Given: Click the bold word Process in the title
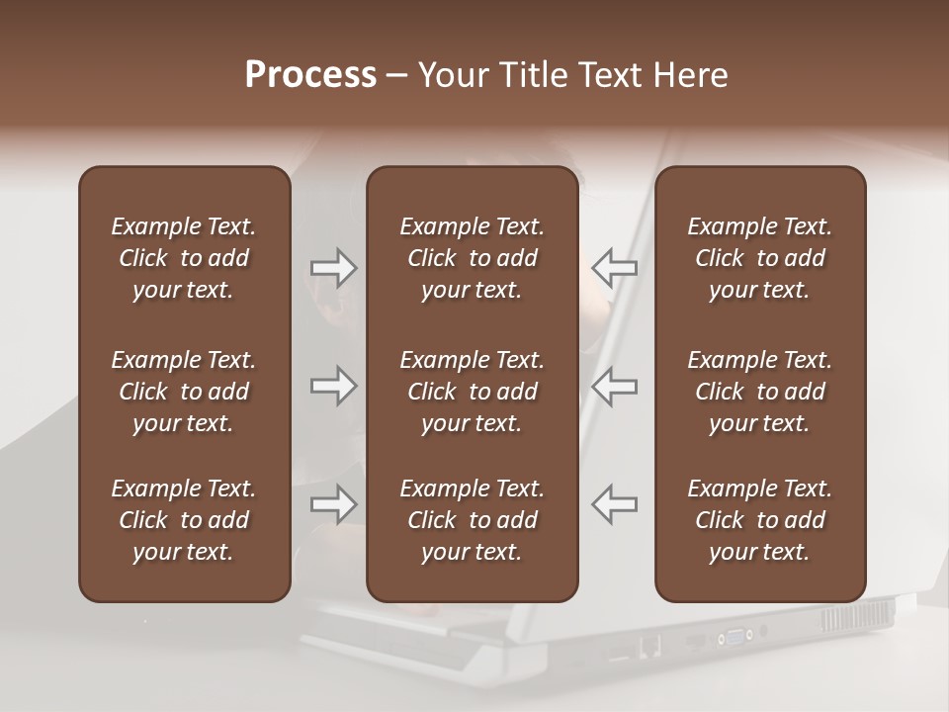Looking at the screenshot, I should pyautogui.click(x=310, y=75).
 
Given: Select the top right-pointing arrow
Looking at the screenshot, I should pyautogui.click(x=334, y=267).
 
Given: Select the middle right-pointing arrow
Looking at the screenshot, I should pyautogui.click(x=334, y=386).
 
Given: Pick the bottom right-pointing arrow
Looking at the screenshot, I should pyautogui.click(x=334, y=504).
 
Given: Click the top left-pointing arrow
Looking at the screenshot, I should pyautogui.click(x=614, y=267).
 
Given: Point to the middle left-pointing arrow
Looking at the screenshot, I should pyautogui.click(x=614, y=386).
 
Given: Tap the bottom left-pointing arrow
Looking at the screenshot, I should pyautogui.click(x=614, y=504).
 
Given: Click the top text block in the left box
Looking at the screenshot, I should pyautogui.click(x=184, y=258).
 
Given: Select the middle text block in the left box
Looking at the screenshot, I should pyautogui.click(x=184, y=392).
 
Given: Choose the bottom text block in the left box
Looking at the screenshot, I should pyautogui.click(x=184, y=520).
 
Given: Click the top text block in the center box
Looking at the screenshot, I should pyautogui.click(x=472, y=258).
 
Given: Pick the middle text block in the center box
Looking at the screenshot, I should pyautogui.click(x=472, y=392).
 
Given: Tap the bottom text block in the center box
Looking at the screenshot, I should pyautogui.click(x=472, y=520).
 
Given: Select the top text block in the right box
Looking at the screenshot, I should pyautogui.click(x=759, y=258).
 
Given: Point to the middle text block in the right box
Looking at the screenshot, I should pyautogui.click(x=759, y=392).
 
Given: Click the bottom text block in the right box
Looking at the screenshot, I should pyautogui.click(x=759, y=520).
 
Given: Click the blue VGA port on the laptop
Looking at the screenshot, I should pyautogui.click(x=736, y=636).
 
